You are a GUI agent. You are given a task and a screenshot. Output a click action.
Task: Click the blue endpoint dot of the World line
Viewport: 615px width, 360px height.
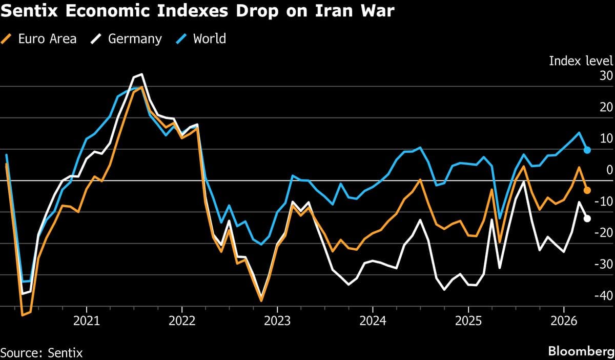pos(587,150)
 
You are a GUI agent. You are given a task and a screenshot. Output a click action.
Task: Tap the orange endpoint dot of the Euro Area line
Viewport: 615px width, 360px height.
pos(587,190)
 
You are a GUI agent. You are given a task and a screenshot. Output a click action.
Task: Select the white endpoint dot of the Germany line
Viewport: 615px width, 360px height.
pos(587,218)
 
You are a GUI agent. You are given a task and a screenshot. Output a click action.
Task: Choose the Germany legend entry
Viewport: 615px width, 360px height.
pos(128,38)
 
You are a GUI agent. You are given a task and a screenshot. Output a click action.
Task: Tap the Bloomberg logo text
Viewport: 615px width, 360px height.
pos(580,351)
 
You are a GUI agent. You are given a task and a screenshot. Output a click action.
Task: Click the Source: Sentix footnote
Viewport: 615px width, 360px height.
pos(42,352)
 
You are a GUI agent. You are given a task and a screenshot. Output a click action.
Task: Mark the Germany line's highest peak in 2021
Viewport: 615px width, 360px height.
pos(141,74)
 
